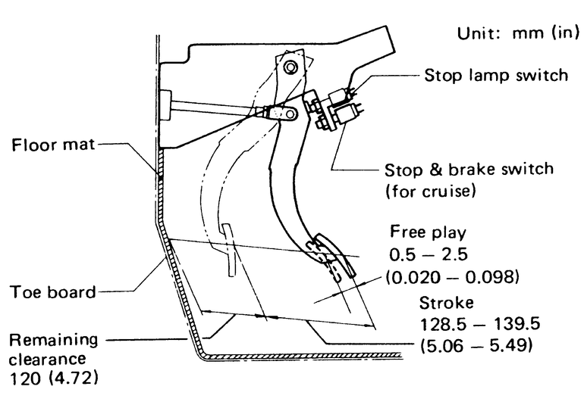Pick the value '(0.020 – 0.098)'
point(453,277)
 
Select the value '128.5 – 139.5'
point(476,325)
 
